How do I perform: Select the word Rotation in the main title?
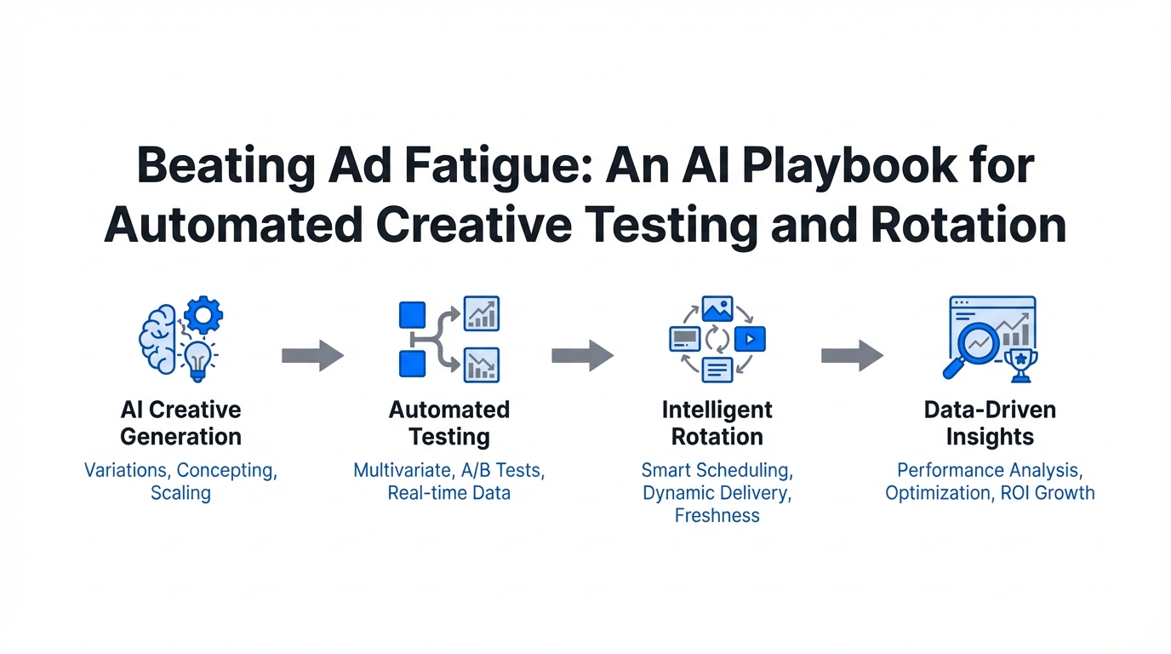pyautogui.click(x=982, y=225)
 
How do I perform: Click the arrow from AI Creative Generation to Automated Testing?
pyautogui.click(x=312, y=355)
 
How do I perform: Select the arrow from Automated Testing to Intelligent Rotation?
pyautogui.click(x=582, y=355)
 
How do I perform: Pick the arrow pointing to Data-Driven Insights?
pyautogui.click(x=852, y=355)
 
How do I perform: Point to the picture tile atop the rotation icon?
pyautogui.click(x=717, y=309)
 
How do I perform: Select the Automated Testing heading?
pyautogui.click(x=449, y=423)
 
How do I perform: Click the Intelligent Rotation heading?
pyautogui.click(x=717, y=423)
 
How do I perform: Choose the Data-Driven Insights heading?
pyautogui.click(x=990, y=423)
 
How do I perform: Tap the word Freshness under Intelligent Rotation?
pyautogui.click(x=717, y=515)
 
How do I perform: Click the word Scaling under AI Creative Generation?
pyautogui.click(x=180, y=492)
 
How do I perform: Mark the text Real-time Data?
pyautogui.click(x=449, y=492)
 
